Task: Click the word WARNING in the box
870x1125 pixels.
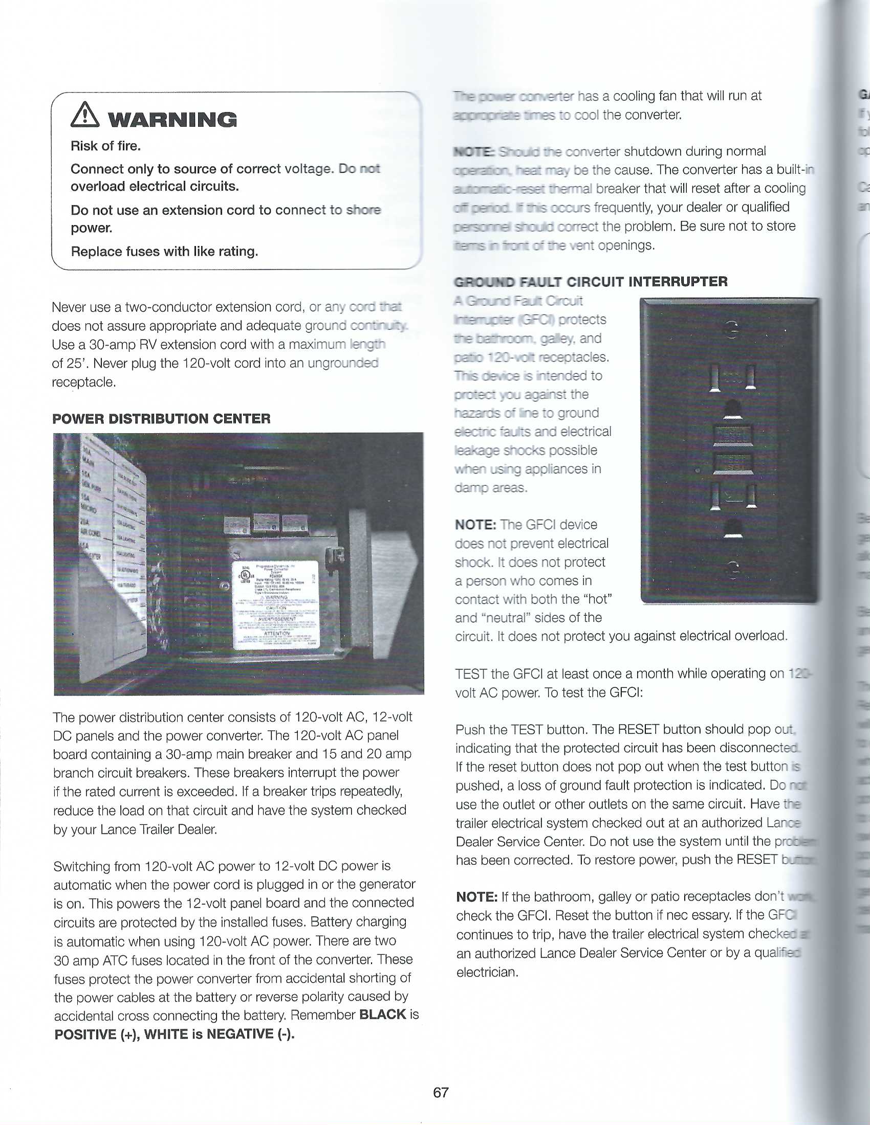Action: pyautogui.click(x=172, y=120)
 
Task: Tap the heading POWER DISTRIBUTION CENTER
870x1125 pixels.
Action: pyautogui.click(x=161, y=418)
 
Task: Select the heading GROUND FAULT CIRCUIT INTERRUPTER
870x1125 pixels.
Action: pyautogui.click(x=591, y=282)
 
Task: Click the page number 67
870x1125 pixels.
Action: pyautogui.click(x=441, y=1092)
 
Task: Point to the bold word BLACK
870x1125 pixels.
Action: pyautogui.click(x=382, y=1014)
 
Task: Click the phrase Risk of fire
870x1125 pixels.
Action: pyautogui.click(x=105, y=146)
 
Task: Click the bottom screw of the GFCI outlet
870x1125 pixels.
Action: pyautogui.click(x=732, y=569)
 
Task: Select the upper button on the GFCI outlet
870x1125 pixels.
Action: pyautogui.click(x=732, y=435)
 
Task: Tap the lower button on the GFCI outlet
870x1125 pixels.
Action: pyautogui.click(x=732, y=463)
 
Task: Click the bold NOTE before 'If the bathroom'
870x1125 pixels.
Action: pyautogui.click(x=476, y=897)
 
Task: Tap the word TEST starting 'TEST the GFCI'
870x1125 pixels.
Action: pyautogui.click(x=470, y=674)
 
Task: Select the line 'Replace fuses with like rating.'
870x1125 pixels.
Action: pyautogui.click(x=164, y=252)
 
